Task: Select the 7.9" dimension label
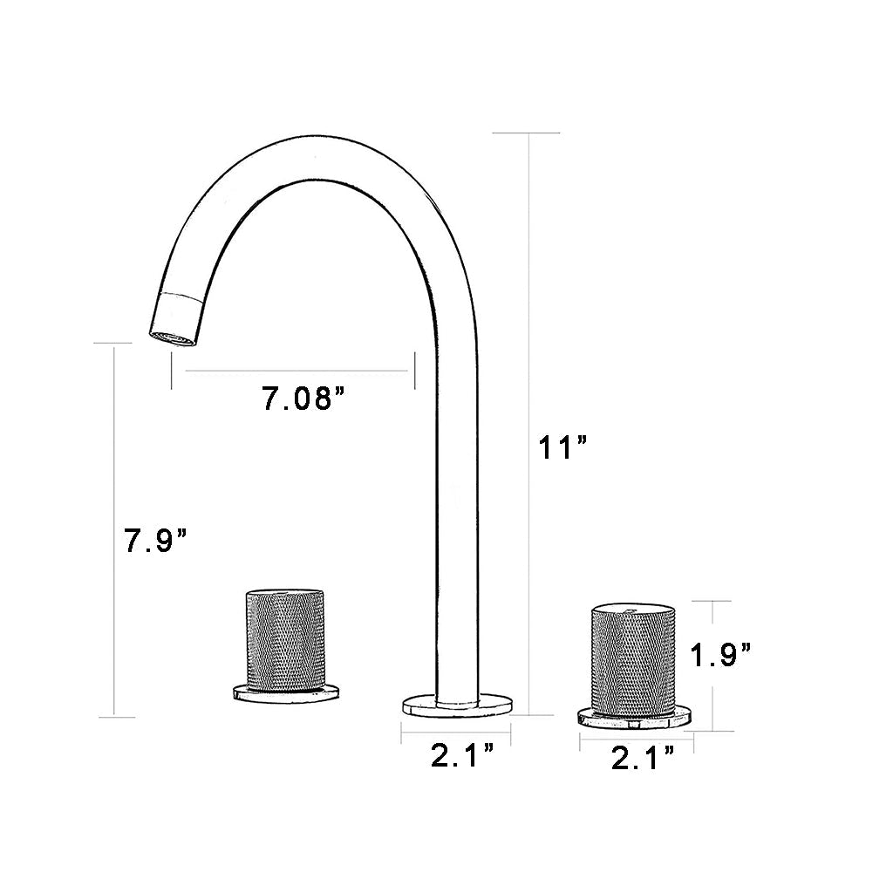(156, 542)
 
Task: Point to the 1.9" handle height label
(720, 653)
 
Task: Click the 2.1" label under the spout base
(463, 756)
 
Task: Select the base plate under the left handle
(284, 693)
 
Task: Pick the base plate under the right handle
(636, 717)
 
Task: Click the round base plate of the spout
(456, 705)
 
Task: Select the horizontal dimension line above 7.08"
(297, 372)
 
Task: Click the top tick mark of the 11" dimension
(527, 133)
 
